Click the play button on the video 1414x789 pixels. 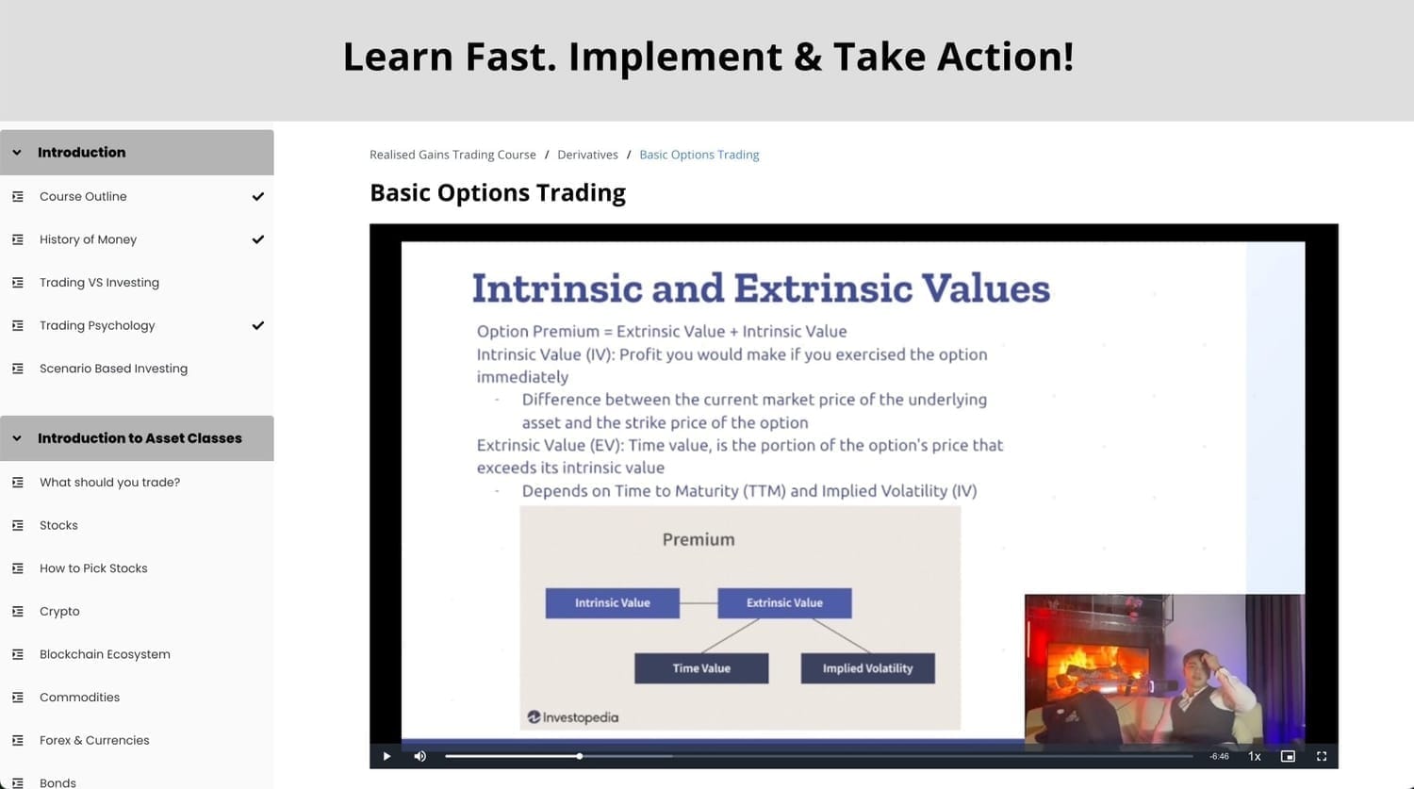tap(386, 756)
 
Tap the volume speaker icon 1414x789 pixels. tap(419, 756)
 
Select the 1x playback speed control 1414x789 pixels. tap(1255, 756)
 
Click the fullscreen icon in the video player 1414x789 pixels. tap(1322, 756)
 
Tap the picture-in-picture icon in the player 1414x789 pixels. tap(1288, 756)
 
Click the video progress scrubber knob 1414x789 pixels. tap(580, 756)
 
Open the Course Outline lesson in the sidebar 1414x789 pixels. tap(83, 196)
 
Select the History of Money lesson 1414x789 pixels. tap(88, 239)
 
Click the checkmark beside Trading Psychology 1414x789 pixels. tap(257, 326)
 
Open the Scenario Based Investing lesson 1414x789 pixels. tap(113, 368)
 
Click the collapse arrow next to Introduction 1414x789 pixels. tap(17, 152)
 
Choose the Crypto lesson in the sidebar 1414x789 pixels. tap(59, 611)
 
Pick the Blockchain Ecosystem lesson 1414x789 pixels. tap(105, 654)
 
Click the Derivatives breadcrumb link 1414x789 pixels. tap(587, 155)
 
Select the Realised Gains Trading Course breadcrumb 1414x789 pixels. tap(452, 155)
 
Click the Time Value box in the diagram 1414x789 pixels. tap(701, 667)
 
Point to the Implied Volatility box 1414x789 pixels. tap(868, 667)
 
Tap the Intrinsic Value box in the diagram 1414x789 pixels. tap(613, 602)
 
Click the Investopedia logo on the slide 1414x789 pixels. tap(572, 717)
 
